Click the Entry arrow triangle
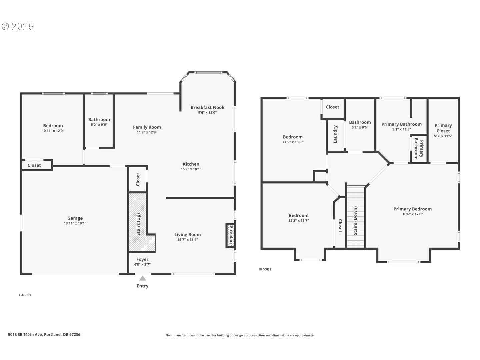tap(143, 278)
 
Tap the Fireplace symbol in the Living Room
tap(230, 236)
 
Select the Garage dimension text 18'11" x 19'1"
tap(75, 223)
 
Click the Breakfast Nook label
tap(207, 107)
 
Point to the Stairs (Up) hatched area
tap(138, 223)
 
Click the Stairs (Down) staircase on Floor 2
tap(356, 217)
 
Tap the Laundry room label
tap(336, 134)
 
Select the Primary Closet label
tap(443, 128)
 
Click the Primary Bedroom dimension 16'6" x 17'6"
tap(412, 214)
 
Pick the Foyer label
tap(142, 259)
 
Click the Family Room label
tap(147, 127)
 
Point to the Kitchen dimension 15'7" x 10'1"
tap(191, 169)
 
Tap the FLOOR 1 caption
tap(25, 295)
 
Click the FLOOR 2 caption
tap(265, 269)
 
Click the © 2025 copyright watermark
tap(18, 26)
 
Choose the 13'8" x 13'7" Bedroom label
tap(298, 220)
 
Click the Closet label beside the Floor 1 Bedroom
tap(34, 165)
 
